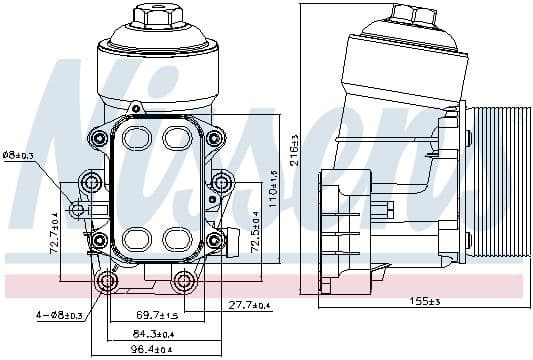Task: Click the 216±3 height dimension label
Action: (294, 151)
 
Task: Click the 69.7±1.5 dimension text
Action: (157, 317)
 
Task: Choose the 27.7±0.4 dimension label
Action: (249, 304)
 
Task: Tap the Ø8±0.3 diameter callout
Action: (19, 155)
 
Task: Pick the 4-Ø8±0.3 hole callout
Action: (45, 317)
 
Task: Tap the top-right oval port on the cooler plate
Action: (176, 137)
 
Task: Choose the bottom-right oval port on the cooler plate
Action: (176, 238)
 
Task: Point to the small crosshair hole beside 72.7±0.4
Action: (76, 209)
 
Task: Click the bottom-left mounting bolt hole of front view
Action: (107, 281)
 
